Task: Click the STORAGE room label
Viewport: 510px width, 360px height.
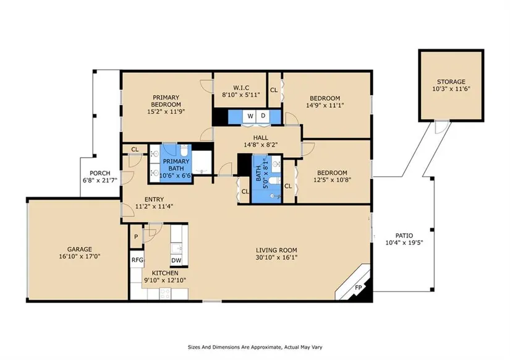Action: [x=451, y=82]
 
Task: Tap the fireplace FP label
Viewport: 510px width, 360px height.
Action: [x=359, y=288]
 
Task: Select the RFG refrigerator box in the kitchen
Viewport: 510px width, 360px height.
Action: [x=137, y=260]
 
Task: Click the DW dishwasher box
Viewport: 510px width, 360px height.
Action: [x=176, y=260]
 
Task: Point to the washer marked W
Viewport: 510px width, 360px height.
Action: [x=250, y=116]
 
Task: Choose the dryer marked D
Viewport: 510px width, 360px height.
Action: [x=263, y=116]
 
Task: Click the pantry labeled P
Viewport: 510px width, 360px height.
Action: [x=136, y=237]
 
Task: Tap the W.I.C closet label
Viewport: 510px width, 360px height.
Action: [x=241, y=88]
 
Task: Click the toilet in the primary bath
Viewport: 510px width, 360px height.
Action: [x=184, y=151]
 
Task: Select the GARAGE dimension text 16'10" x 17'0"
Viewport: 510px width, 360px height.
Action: [x=79, y=257]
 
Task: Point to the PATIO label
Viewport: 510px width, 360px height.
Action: [x=404, y=236]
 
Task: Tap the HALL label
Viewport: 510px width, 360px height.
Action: [x=260, y=138]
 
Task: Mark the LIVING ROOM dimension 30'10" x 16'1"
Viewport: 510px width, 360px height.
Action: [x=276, y=257]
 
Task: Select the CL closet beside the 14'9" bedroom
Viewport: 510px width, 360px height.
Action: [x=274, y=90]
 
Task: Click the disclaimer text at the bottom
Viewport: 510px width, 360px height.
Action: [x=255, y=347]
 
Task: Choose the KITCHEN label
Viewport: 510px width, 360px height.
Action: [x=165, y=273]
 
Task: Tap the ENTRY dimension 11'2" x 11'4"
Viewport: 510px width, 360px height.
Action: [x=154, y=207]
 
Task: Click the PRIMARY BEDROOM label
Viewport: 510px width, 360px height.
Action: [x=166, y=101]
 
